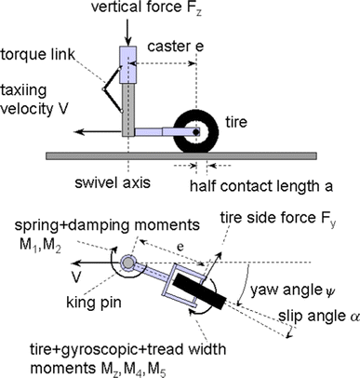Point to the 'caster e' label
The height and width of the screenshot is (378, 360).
point(174,46)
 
